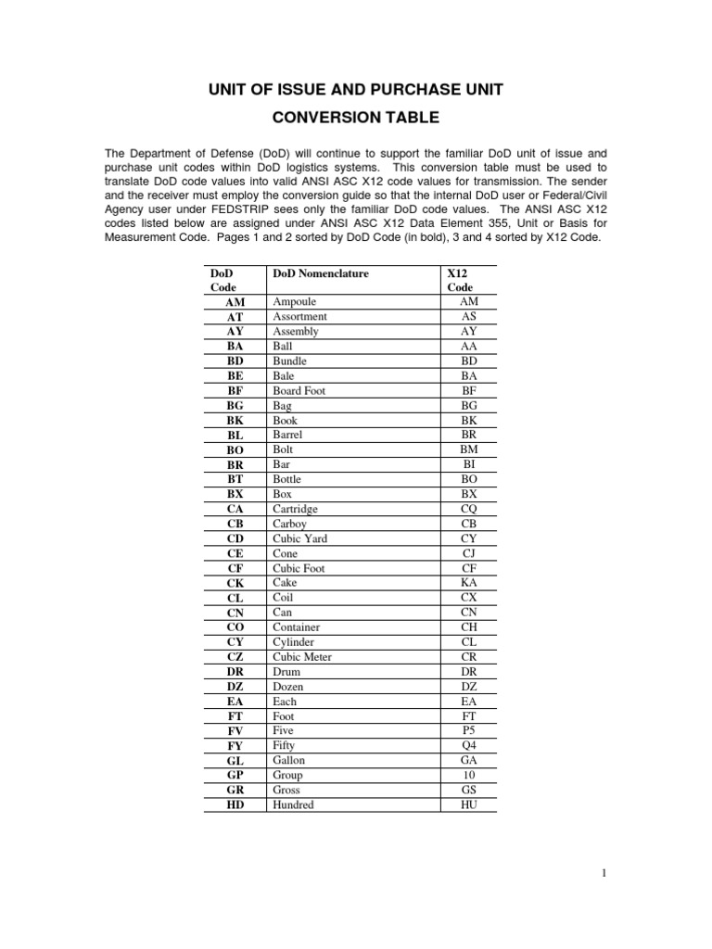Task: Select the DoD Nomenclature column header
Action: [x=320, y=273]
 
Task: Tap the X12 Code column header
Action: [x=460, y=280]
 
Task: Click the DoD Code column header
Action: [x=222, y=280]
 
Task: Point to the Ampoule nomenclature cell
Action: [x=294, y=302]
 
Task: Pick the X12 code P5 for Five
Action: [x=468, y=730]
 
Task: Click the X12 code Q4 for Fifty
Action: [x=468, y=745]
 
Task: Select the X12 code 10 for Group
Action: [x=468, y=775]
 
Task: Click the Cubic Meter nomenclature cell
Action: [x=301, y=657]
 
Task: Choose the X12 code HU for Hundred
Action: [x=468, y=804]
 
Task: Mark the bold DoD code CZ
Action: [x=235, y=657]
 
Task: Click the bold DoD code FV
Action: [x=235, y=730]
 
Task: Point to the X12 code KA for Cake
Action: [x=468, y=583]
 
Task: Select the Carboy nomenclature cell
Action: [x=289, y=524]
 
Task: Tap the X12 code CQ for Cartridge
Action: [x=468, y=509]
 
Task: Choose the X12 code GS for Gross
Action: [x=468, y=790]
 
